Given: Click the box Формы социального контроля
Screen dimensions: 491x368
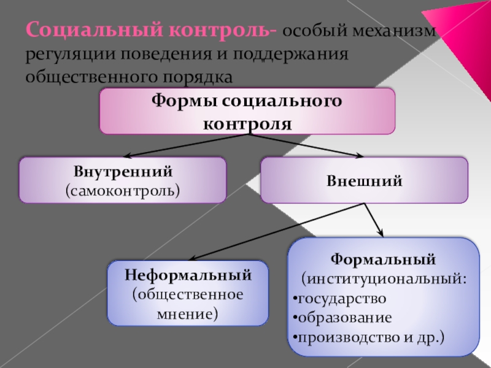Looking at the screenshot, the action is [247, 111].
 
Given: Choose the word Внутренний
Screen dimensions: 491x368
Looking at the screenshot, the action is [123, 172].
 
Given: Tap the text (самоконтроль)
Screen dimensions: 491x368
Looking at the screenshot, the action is [123, 190].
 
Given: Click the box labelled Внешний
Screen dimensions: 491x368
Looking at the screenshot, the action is [364, 180].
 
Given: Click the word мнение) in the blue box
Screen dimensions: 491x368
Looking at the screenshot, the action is [188, 314].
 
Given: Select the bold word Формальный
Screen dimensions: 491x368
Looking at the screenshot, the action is [384, 259].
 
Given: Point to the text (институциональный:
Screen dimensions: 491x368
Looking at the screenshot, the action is [384, 279].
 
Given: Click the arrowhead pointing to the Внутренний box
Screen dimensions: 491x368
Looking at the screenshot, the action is [126, 156].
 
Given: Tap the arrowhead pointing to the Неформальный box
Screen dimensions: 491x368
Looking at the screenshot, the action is [191, 259].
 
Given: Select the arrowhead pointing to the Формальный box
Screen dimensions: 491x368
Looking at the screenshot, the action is [381, 233].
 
